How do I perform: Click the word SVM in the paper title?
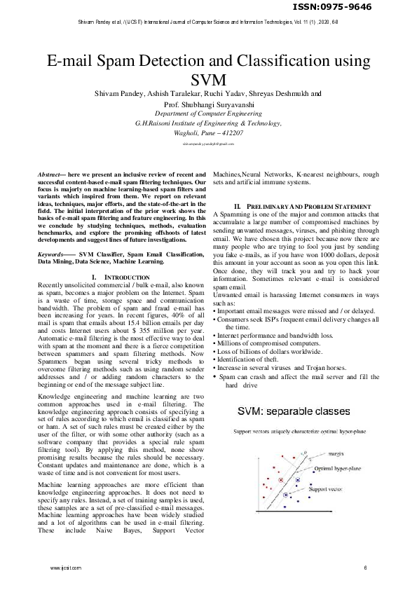coord(208,78)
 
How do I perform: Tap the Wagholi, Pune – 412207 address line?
coord(208,131)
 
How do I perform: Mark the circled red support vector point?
coord(280,480)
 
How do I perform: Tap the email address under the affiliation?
coord(208,143)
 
